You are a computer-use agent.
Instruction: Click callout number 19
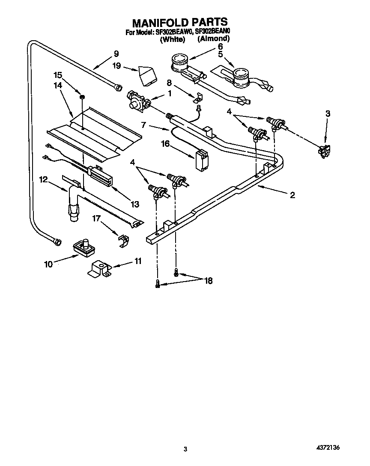[x=116, y=66]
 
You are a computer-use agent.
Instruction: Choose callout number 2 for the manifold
[x=292, y=195]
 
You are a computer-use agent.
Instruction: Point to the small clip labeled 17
[x=123, y=241]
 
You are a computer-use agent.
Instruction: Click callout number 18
[x=208, y=281]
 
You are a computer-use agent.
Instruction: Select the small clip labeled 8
[x=197, y=98]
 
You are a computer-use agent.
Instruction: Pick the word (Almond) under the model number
[x=213, y=39]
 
